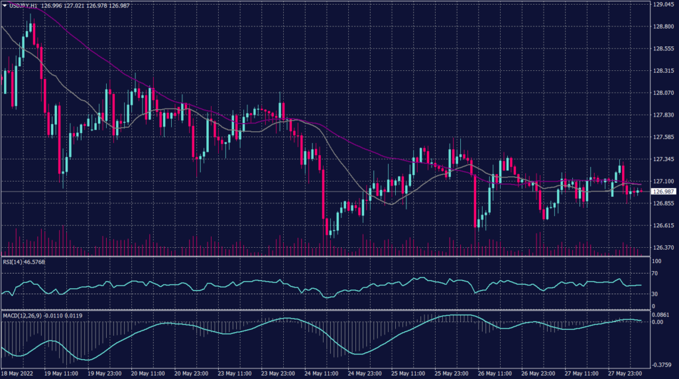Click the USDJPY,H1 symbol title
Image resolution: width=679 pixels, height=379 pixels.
pos(24,5)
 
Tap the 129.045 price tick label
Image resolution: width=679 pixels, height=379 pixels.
pos(663,5)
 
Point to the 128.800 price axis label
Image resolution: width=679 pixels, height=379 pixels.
pos(663,27)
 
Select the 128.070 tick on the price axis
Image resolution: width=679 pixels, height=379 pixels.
pos(663,93)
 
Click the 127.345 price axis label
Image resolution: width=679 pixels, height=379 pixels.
pos(663,159)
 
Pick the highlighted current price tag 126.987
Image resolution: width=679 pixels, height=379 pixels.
pos(663,191)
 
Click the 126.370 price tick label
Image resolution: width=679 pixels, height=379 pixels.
pos(663,248)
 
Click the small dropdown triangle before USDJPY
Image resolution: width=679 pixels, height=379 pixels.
pos(4,5)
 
